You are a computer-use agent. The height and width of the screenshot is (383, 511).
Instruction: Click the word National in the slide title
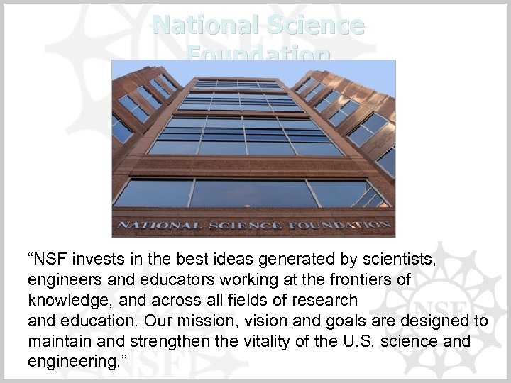197,26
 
